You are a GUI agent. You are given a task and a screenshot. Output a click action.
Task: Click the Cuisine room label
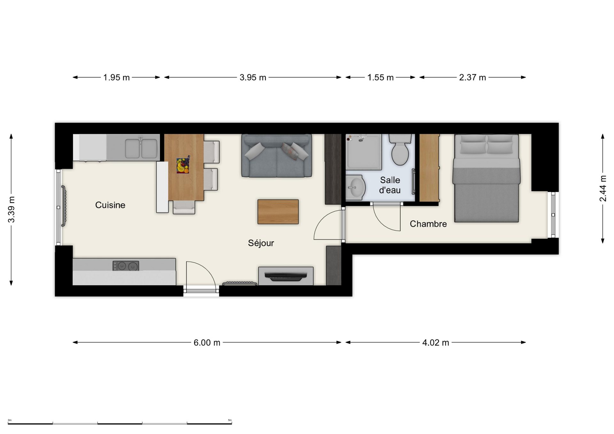click(110, 205)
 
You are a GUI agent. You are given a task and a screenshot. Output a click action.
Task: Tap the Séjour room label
click(261, 243)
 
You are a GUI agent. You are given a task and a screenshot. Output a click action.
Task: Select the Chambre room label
click(428, 224)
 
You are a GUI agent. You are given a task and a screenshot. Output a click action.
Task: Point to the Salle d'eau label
click(390, 185)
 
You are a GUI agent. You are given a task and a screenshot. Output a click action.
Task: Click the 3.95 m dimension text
click(253, 77)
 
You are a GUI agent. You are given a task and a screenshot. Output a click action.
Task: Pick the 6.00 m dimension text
click(207, 343)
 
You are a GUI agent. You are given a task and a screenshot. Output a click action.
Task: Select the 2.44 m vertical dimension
click(602, 188)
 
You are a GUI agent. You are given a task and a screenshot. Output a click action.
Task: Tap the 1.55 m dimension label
click(380, 77)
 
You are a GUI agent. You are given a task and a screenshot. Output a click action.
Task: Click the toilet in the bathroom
click(400, 149)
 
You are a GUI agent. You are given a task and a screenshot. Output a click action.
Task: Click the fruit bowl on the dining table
click(183, 166)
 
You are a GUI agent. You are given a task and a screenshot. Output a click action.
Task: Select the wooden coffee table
click(278, 212)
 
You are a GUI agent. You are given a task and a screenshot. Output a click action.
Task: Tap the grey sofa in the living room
click(277, 156)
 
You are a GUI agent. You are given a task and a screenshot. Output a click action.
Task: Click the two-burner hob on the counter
click(126, 266)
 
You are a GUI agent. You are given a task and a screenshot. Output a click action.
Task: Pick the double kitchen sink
click(141, 148)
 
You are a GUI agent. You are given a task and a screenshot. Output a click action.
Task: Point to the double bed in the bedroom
click(486, 178)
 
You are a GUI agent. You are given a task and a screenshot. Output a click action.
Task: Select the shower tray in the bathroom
click(364, 151)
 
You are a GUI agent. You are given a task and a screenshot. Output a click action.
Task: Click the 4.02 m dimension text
click(436, 343)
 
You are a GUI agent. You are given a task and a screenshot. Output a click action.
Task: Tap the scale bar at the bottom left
click(120, 423)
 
